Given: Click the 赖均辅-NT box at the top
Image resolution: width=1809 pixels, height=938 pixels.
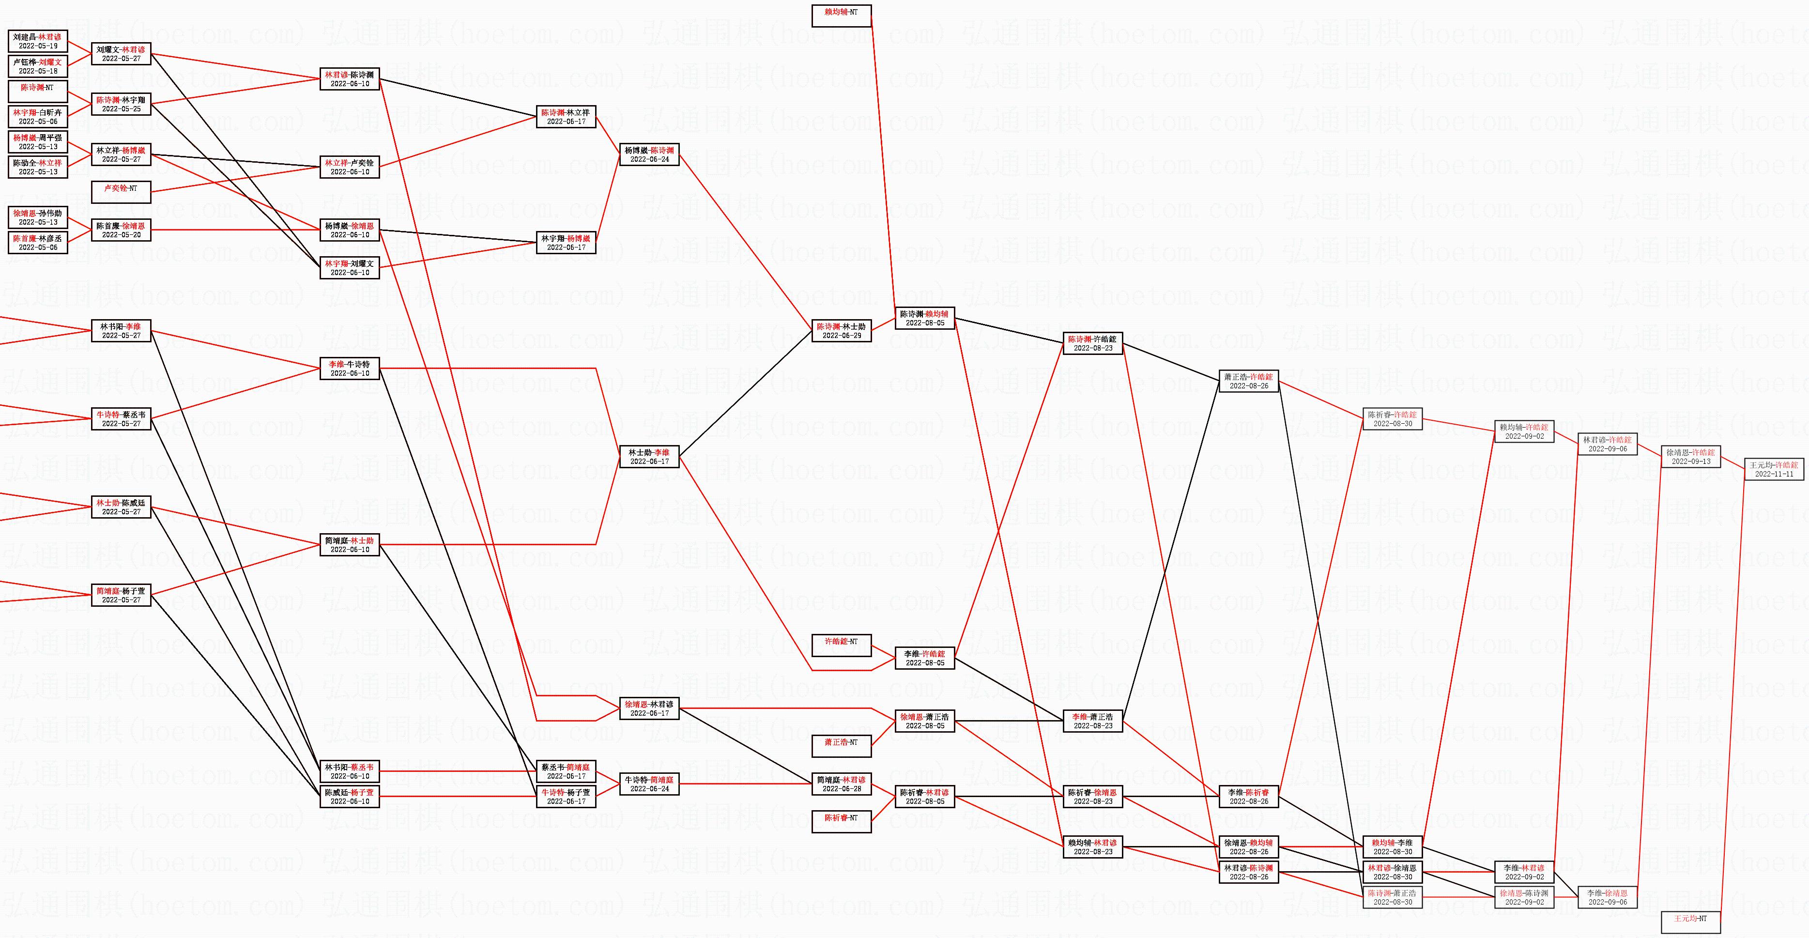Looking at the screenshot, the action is [x=841, y=15].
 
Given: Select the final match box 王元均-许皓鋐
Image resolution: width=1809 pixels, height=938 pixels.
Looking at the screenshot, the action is [x=1774, y=469].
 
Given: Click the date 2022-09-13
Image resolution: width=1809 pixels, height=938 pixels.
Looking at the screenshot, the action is [x=1690, y=461].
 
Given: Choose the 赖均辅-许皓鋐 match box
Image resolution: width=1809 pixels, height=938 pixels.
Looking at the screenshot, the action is [x=1524, y=431].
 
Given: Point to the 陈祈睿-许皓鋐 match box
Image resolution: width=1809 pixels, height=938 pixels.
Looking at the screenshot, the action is [x=1392, y=418].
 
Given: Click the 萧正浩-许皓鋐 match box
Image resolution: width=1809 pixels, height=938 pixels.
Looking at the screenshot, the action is [x=1249, y=381].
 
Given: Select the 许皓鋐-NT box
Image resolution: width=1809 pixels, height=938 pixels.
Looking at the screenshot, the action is [x=841, y=645].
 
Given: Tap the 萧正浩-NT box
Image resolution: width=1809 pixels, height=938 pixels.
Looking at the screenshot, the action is [x=841, y=746].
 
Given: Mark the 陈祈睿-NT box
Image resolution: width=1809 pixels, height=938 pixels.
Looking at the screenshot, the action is [x=841, y=821].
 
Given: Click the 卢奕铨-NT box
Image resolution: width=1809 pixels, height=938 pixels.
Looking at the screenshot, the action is [x=121, y=192].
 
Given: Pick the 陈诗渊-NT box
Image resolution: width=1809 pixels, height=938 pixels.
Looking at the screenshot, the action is [x=38, y=91].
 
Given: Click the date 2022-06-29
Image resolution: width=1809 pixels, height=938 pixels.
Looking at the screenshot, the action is [x=841, y=336].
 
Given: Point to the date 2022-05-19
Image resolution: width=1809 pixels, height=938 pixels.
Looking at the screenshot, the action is [x=38, y=46].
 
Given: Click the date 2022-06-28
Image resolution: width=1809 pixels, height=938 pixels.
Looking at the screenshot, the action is [x=841, y=788].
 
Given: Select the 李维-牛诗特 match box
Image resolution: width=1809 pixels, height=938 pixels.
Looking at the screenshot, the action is [x=350, y=368].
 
